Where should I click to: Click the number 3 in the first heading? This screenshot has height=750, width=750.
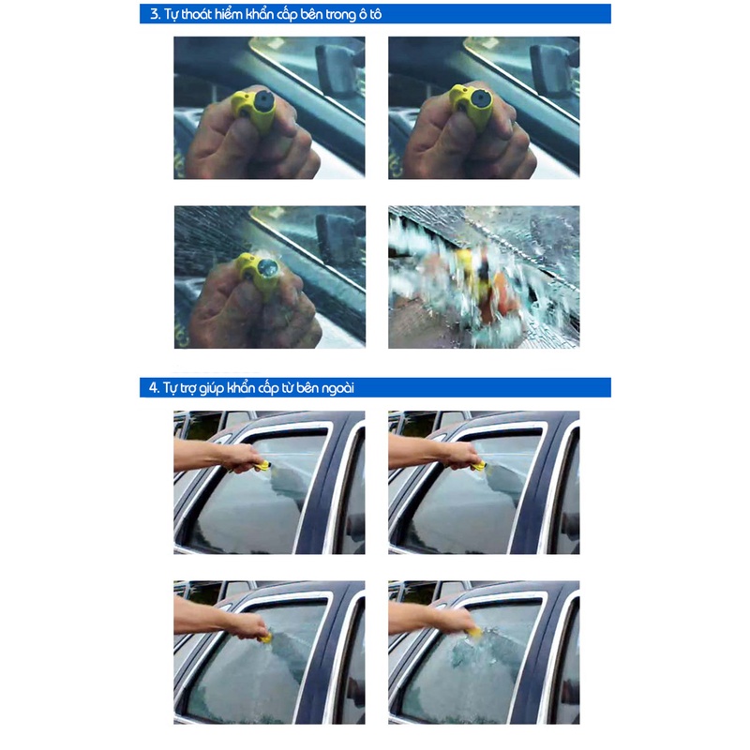pyautogui.click(x=154, y=14)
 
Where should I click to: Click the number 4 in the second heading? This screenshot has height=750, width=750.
pyautogui.click(x=153, y=387)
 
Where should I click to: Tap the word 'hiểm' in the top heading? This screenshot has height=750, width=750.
pyautogui.click(x=228, y=14)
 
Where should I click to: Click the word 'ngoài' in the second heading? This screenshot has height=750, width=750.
pyautogui.click(x=337, y=388)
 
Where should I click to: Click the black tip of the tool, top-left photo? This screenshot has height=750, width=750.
pyautogui.click(x=264, y=101)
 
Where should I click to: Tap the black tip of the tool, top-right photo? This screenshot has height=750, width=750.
pyautogui.click(x=480, y=99)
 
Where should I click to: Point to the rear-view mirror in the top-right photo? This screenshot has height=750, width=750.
pyautogui.click(x=551, y=69)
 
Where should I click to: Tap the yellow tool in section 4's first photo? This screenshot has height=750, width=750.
pyautogui.click(x=262, y=466)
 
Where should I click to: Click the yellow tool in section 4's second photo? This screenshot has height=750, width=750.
pyautogui.click(x=478, y=466)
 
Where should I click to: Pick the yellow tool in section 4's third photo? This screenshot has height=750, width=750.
pyautogui.click(x=265, y=637)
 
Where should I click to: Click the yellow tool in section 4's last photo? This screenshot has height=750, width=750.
pyautogui.click(x=476, y=633)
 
